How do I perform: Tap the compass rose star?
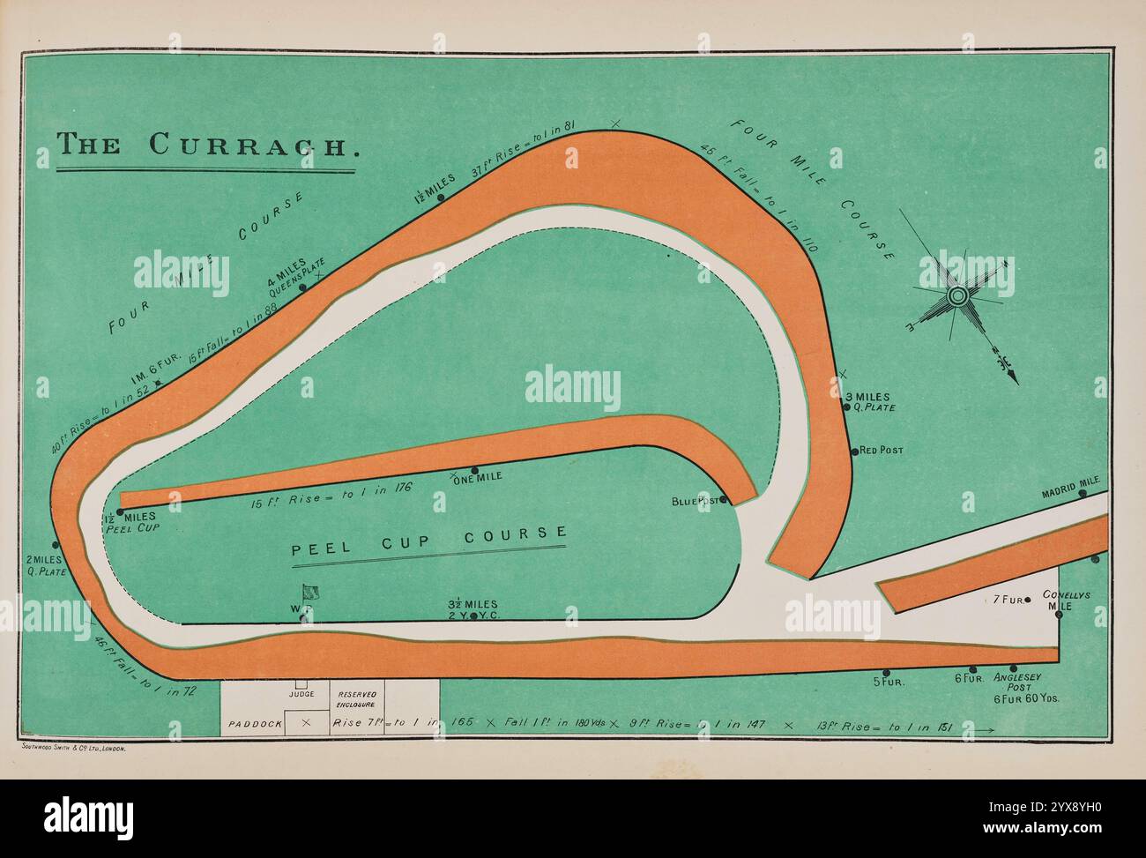957,295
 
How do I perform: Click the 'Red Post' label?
881,451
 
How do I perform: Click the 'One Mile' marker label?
478,477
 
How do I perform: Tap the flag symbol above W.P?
310,593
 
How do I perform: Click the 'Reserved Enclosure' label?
357,700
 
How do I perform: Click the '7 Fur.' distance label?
1007,600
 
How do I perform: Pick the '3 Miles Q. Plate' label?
869,402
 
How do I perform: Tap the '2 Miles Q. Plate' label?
43,565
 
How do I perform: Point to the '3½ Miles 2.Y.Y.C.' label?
473,609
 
